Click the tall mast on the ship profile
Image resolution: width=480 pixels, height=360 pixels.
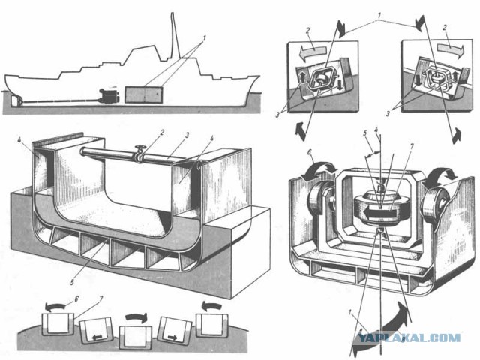coord(174,35)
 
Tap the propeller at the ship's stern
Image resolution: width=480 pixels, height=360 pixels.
coord(16,101)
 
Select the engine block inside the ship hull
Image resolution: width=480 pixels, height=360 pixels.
coord(109,95)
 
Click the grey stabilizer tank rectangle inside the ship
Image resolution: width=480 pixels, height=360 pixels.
coord(144,94)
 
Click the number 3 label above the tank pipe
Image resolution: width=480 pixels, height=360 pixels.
coord(187,135)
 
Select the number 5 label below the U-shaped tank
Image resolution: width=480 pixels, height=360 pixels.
coord(72,282)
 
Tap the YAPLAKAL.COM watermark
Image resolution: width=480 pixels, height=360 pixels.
coord(409,338)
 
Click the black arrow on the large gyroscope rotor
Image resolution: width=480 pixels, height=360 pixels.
coord(379,212)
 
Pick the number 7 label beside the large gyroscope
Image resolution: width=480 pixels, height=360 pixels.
coord(412,148)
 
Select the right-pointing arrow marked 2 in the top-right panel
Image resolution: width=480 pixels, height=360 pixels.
coord(451,48)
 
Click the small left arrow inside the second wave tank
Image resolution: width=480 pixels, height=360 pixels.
coord(97,337)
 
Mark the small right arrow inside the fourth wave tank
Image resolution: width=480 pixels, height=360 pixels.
coord(172,337)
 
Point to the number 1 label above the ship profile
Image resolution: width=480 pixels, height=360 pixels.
coord(205,38)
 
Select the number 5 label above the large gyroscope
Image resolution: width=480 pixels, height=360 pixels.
coord(365,133)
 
